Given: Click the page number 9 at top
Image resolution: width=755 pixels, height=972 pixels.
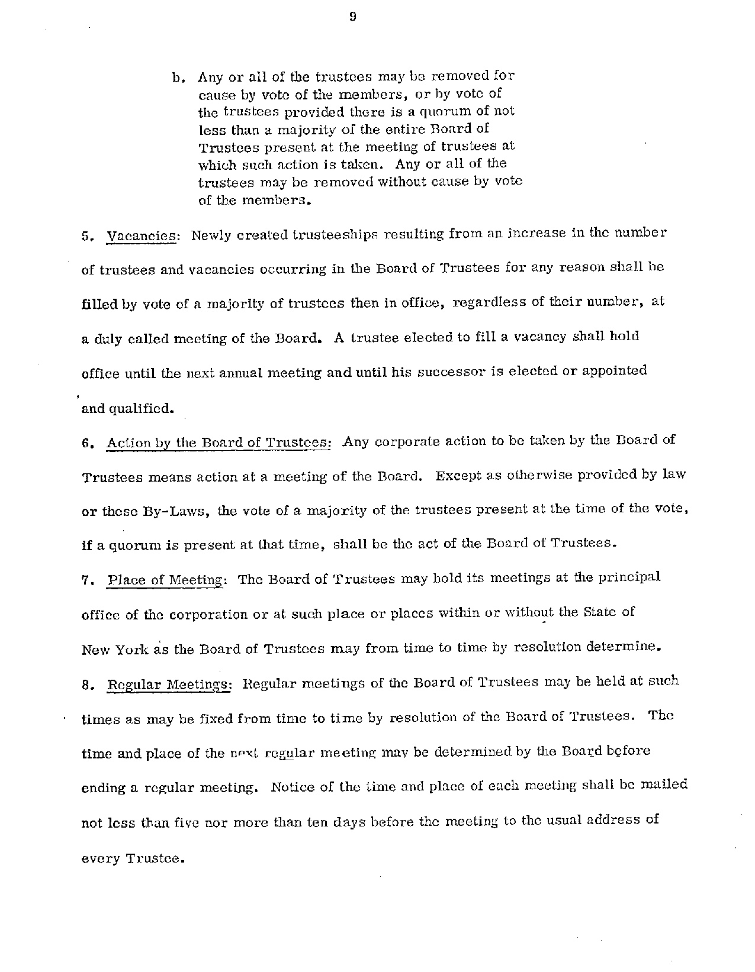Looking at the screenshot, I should pyautogui.click(x=352, y=17).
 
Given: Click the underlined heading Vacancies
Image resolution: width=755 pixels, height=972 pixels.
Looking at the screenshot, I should pyautogui.click(x=142, y=235).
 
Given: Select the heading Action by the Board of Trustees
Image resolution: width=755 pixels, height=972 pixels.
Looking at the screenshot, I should pyautogui.click(x=219, y=443).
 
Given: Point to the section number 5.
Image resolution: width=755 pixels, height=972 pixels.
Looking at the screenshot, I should pyautogui.click(x=86, y=235).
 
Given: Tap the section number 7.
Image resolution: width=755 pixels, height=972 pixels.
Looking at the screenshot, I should pyautogui.click(x=86, y=581).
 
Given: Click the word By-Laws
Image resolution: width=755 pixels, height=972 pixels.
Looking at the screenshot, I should pyautogui.click(x=177, y=512).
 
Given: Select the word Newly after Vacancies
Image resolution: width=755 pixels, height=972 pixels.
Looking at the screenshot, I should pyautogui.click(x=211, y=235).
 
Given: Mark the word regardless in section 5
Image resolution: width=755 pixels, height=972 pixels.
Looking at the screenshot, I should pyautogui.click(x=489, y=303).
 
